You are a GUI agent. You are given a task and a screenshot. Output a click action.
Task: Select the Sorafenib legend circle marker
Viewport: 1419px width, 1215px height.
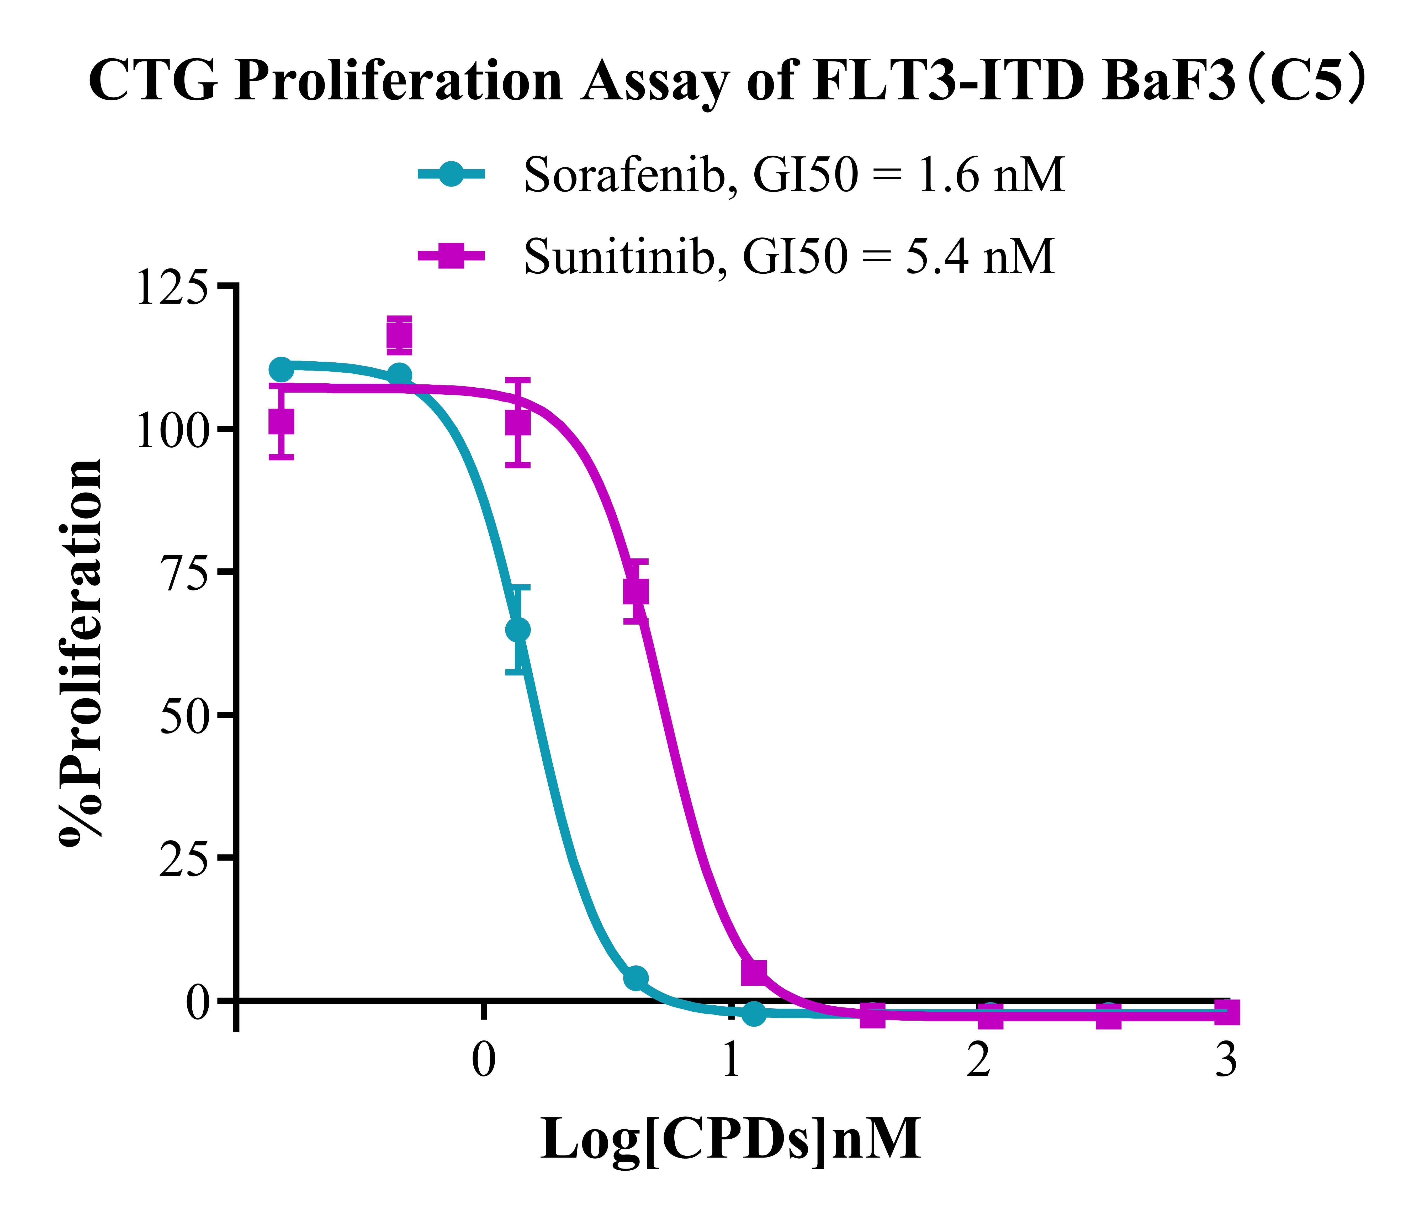click(451, 174)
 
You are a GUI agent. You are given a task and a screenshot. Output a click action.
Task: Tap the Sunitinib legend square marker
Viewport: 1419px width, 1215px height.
click(451, 256)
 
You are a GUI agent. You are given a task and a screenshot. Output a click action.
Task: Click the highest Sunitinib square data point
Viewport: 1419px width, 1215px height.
click(399, 336)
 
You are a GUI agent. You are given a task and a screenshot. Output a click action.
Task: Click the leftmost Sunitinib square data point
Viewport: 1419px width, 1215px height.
click(281, 421)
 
